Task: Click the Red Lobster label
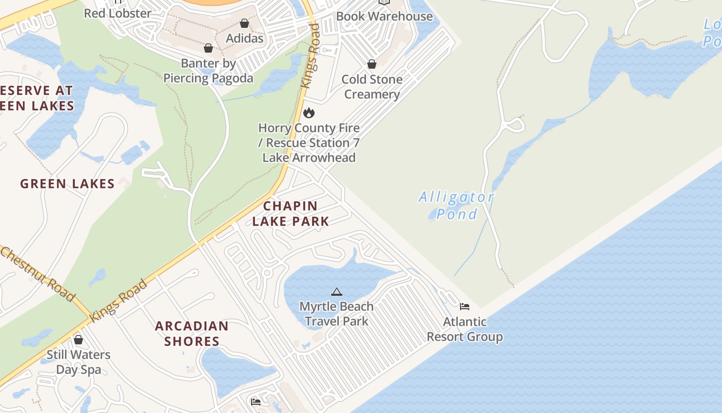click(x=118, y=13)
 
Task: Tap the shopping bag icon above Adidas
click(x=244, y=23)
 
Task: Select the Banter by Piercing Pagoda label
click(x=208, y=71)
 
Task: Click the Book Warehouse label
click(x=384, y=16)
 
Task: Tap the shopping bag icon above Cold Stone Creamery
click(x=371, y=64)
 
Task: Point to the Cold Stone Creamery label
click(x=372, y=87)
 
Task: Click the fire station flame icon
click(x=308, y=113)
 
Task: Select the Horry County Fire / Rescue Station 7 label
click(x=309, y=142)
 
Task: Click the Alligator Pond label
click(x=456, y=205)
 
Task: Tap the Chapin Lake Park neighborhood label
click(x=290, y=213)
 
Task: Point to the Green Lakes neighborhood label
click(x=67, y=184)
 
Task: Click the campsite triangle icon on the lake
click(x=336, y=292)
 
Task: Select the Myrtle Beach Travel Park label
click(x=336, y=313)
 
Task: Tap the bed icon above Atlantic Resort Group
click(x=465, y=307)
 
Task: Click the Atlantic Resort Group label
click(x=465, y=329)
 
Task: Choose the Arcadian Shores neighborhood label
click(x=191, y=333)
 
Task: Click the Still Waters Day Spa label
click(x=78, y=362)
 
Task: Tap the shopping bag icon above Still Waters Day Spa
click(x=78, y=340)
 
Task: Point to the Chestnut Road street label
click(x=38, y=274)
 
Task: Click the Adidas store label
click(x=244, y=38)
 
